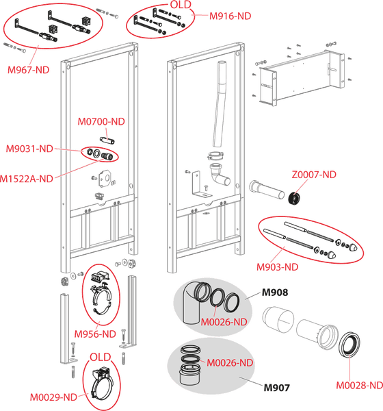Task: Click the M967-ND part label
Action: point(28,70)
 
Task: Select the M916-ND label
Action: point(230,16)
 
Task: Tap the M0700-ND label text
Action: point(101,122)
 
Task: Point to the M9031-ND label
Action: point(29,149)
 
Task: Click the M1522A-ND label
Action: point(26,179)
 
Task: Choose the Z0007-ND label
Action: point(314,175)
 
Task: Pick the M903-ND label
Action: point(277,267)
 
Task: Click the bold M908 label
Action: point(275,292)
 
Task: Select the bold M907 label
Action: point(277,388)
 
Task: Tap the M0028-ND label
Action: point(359,385)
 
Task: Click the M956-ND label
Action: point(95,334)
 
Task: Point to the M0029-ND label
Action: point(53,397)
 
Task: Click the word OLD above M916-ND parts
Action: point(181,5)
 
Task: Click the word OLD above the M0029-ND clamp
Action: point(101,358)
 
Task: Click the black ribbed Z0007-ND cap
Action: point(295,199)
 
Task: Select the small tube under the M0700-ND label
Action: point(107,140)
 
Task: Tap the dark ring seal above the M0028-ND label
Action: point(349,345)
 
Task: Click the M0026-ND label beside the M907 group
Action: point(230,363)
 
